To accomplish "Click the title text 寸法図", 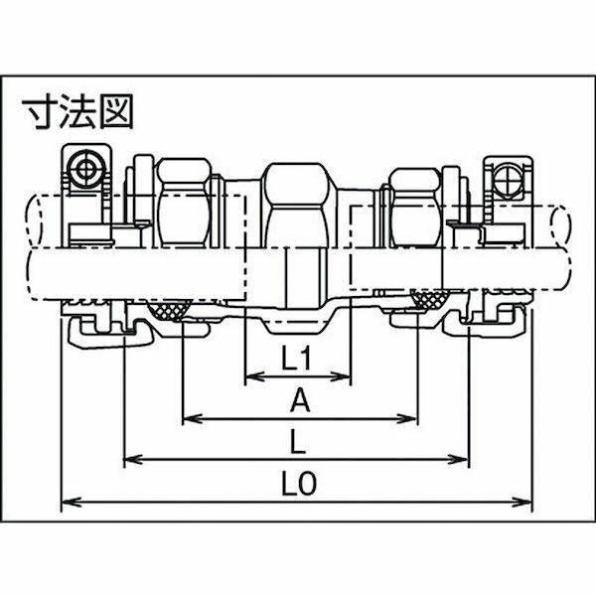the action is click(77, 111).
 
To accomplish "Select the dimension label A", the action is click(300, 401).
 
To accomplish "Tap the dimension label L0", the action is click(299, 484).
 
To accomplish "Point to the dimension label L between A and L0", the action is click(298, 442).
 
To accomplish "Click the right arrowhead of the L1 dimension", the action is click(341, 376).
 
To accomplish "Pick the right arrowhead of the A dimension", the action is click(408, 419).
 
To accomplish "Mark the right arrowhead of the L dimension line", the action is click(460, 459).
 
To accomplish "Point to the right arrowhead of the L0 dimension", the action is click(521, 502).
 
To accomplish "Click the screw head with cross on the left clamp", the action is click(86, 169).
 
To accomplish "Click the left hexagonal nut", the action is click(185, 203).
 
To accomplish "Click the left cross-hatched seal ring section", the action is click(170, 309).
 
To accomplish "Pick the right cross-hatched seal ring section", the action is click(430, 298).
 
